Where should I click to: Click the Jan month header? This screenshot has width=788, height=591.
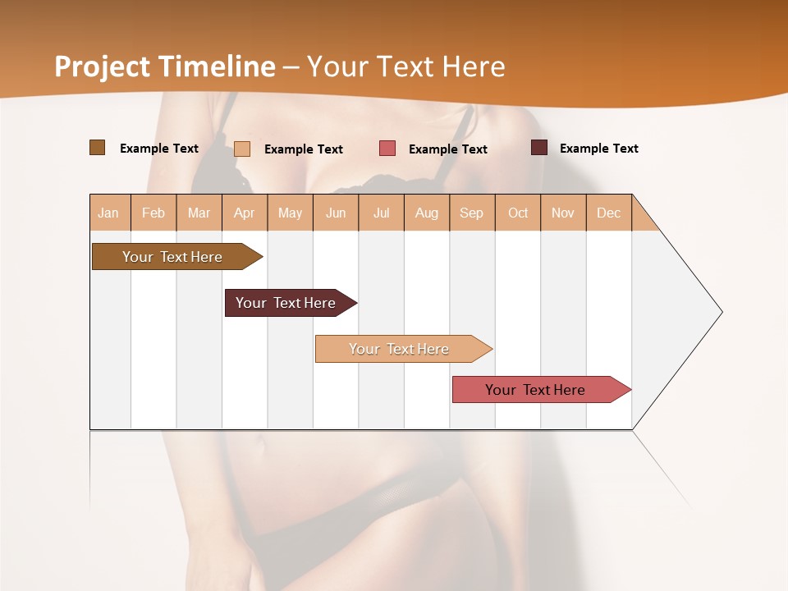(x=109, y=213)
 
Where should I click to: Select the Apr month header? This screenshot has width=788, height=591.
(x=245, y=213)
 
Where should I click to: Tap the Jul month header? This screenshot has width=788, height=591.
(x=381, y=213)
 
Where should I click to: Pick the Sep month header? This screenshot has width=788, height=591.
(x=471, y=213)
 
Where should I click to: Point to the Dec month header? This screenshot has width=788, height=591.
(x=608, y=213)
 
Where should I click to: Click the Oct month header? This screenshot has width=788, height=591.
(x=518, y=213)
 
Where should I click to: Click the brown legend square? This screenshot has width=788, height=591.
(x=97, y=148)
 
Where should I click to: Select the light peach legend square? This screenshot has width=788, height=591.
(x=242, y=149)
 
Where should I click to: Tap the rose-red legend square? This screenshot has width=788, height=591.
(x=387, y=149)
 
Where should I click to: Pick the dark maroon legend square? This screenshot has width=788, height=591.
(x=539, y=148)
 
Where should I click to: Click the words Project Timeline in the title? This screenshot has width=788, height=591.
(x=165, y=66)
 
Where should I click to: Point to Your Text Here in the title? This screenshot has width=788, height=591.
(x=405, y=66)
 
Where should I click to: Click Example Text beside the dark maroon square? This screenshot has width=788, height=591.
(x=598, y=149)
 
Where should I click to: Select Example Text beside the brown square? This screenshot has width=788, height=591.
(x=158, y=149)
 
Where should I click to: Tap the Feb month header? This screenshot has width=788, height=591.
(x=153, y=213)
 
